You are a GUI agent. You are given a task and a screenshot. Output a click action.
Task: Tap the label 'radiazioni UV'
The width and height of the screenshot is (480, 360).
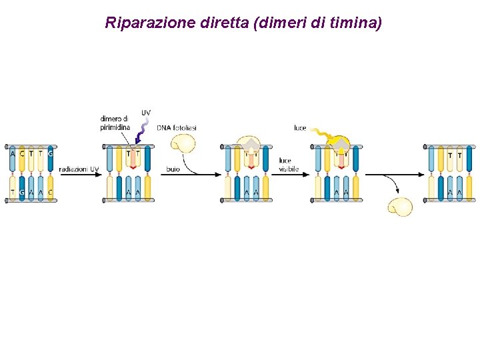tap(79, 169)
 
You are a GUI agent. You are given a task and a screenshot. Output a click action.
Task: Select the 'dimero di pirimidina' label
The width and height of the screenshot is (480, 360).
tap(115, 123)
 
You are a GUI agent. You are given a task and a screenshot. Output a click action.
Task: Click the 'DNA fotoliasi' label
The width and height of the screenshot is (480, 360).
tap(176, 127)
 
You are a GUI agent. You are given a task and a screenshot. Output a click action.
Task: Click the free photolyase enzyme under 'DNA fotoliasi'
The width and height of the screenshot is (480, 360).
tap(183, 143)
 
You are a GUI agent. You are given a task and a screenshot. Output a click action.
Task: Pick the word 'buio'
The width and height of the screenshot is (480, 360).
tap(173, 169)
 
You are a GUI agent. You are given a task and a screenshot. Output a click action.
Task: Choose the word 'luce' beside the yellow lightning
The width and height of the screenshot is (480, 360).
tap(300, 127)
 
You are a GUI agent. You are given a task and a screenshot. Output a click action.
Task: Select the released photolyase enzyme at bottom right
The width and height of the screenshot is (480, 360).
tap(400, 206)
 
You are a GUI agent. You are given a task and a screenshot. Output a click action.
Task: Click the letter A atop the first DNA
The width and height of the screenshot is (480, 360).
tap(13, 154)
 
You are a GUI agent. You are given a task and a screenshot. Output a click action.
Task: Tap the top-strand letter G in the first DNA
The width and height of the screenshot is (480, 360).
tap(50, 154)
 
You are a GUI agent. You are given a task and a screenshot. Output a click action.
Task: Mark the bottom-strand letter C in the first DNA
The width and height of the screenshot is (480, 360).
tap(50, 192)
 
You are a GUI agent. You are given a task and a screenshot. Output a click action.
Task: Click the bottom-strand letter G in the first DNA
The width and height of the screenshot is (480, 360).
tap(22, 192)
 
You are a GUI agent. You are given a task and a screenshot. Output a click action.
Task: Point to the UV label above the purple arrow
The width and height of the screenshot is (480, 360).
tap(145, 113)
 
